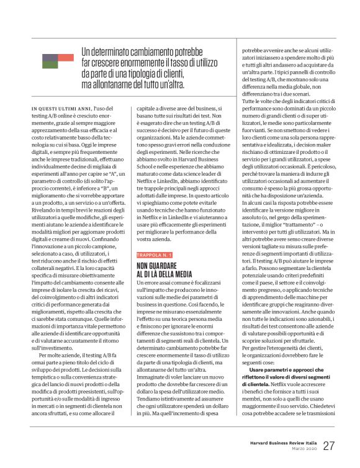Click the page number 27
click(330, 446)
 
